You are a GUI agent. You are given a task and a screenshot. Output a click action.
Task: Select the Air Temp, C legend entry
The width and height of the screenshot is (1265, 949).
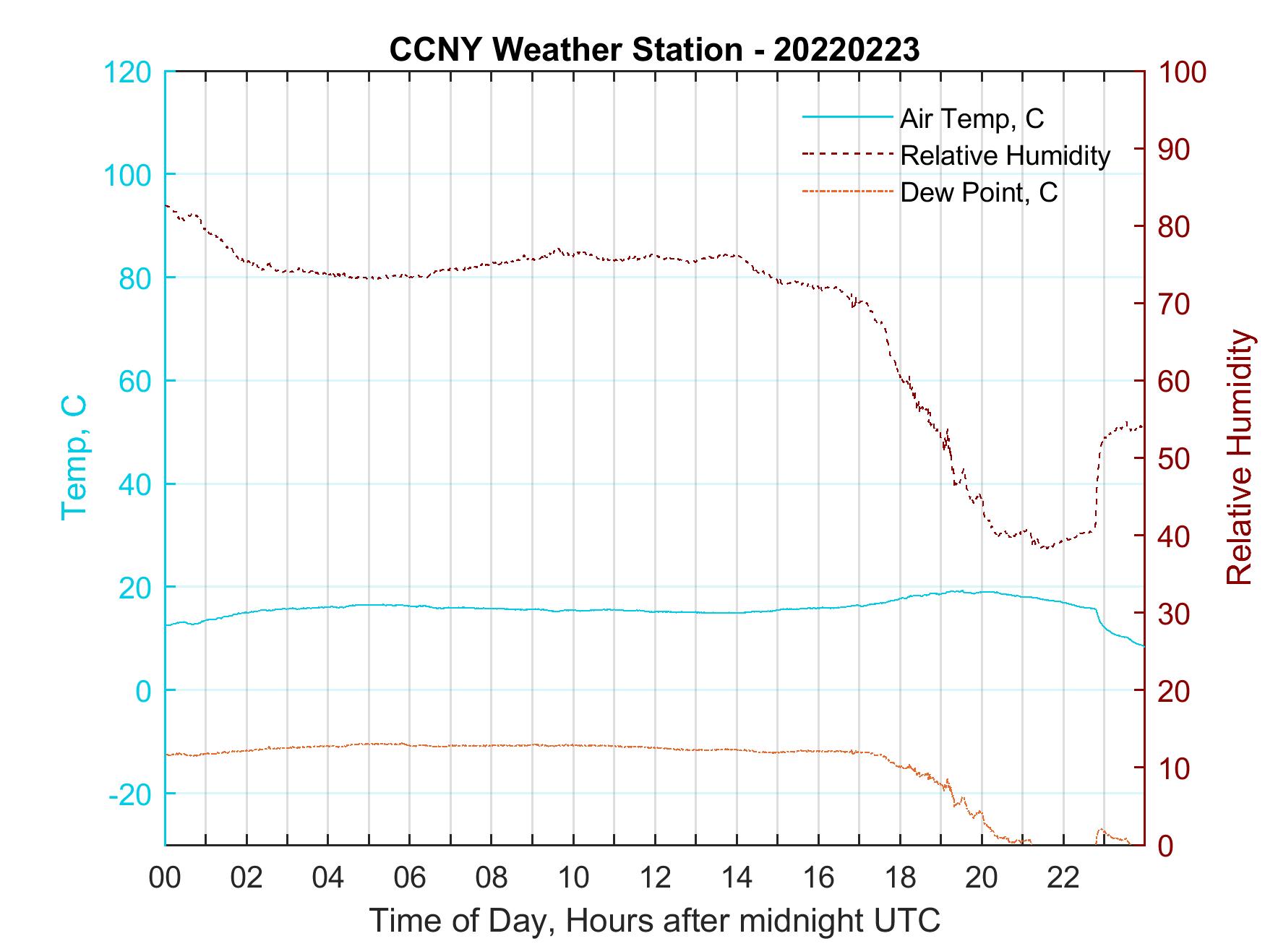[972, 119]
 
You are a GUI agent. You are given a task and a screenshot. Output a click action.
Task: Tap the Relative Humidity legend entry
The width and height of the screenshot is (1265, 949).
[1005, 155]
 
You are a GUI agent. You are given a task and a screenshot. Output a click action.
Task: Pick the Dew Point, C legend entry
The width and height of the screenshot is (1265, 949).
[979, 192]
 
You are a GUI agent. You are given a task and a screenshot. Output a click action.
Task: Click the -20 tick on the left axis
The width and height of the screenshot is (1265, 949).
[130, 794]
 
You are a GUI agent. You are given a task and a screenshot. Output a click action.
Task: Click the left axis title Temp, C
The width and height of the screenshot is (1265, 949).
[74, 458]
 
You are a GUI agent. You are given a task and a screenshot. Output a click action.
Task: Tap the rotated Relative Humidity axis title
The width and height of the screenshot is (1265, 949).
[1239, 458]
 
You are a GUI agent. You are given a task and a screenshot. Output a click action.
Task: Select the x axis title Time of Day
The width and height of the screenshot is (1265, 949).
[655, 921]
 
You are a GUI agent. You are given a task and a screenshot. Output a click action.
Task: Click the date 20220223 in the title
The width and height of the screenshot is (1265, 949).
[846, 50]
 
